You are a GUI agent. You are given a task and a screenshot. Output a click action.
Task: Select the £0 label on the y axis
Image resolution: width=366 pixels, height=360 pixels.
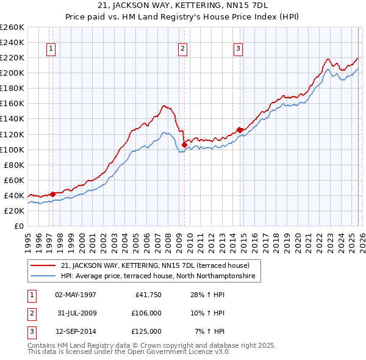(19, 226)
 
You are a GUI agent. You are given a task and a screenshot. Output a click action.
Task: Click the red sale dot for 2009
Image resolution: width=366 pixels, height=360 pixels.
(185, 145)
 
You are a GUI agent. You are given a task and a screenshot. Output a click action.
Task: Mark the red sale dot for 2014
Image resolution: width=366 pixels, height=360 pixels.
(240, 129)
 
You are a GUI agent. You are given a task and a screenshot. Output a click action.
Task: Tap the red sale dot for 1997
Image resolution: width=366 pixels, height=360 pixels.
(52, 194)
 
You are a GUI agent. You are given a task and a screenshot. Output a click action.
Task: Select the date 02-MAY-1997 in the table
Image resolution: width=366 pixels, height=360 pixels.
(76, 295)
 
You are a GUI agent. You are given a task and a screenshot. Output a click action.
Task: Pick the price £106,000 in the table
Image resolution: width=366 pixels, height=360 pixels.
(146, 313)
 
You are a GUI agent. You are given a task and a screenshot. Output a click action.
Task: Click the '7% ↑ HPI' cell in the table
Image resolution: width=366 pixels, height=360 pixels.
(210, 331)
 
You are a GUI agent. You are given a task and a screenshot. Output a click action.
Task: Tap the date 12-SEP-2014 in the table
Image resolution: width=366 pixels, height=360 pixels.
(76, 331)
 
